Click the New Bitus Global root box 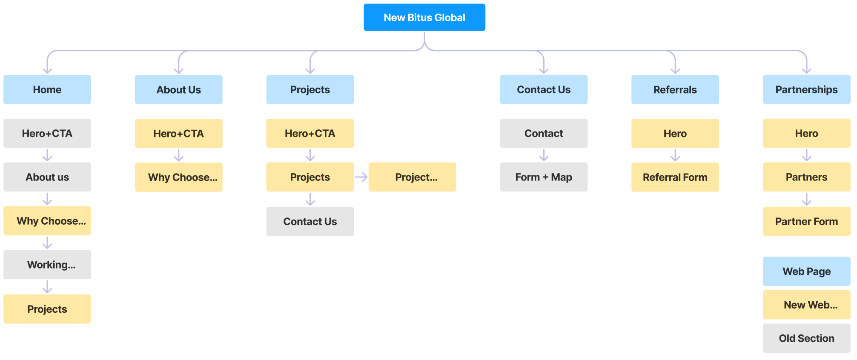pos(424,17)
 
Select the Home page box pos(47,90)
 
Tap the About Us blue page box pos(178,90)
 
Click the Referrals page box pos(675,90)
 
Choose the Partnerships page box pos(806,90)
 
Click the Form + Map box pos(544,177)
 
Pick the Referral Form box pos(675,177)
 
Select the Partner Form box pos(806,221)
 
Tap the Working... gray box pos(47,265)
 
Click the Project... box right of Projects pos(412,177)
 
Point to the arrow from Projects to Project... pos(361,177)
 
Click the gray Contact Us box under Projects pos(310,221)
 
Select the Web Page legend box pos(806,271)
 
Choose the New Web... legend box pos(806,305)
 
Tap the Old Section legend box pos(806,338)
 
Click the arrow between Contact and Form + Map pos(544,155)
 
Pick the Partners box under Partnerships pos(806,177)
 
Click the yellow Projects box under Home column pos(47,309)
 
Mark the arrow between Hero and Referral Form pos(675,155)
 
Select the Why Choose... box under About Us pos(178,177)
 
